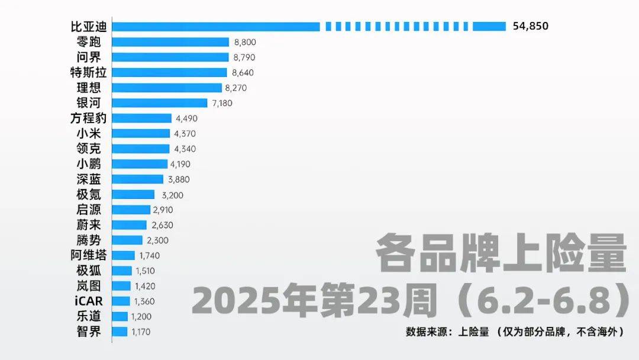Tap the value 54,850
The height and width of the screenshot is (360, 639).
click(531, 26)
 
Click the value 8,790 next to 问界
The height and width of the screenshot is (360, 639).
click(245, 57)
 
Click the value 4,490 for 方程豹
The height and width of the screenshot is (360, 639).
click(186, 118)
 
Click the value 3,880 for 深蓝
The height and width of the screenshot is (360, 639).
click(178, 179)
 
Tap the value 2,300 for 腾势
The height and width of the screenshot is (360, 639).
click(157, 240)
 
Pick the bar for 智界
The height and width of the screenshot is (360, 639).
click(120, 332)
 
